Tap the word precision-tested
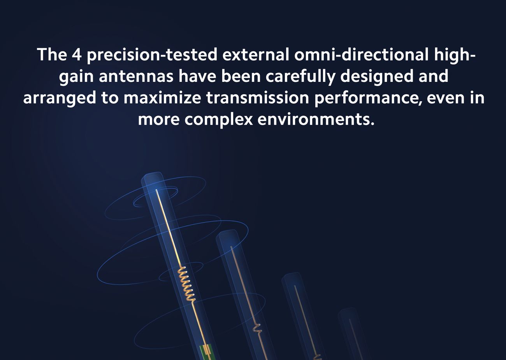152,55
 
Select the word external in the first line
256,55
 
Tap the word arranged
60,98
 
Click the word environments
316,119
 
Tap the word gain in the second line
76,76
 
